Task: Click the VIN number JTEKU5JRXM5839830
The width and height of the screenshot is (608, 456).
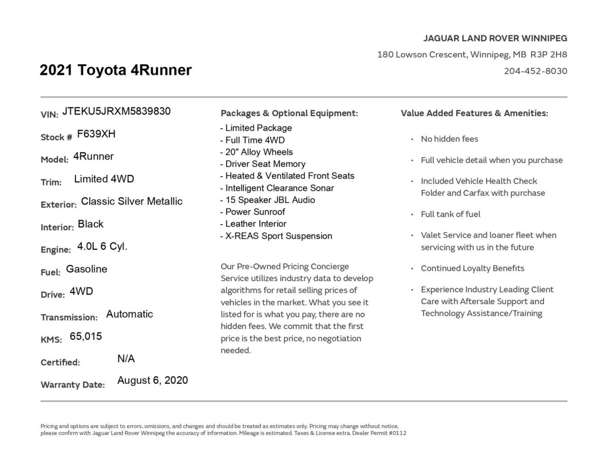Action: [116, 111]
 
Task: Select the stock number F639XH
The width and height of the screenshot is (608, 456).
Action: [96, 134]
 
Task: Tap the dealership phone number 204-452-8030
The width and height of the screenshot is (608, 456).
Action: [535, 71]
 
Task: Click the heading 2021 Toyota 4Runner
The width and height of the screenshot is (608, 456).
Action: [115, 70]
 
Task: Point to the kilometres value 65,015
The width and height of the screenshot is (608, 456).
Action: [85, 336]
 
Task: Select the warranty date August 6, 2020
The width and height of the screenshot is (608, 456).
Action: [152, 380]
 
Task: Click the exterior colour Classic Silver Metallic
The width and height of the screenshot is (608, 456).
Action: [132, 201]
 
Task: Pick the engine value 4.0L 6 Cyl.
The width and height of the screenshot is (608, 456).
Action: [102, 247]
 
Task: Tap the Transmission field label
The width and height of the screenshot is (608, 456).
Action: [69, 317]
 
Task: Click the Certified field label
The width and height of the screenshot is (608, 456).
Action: [60, 362]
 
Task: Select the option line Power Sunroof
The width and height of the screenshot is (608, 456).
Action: [255, 212]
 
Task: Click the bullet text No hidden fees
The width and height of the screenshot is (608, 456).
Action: [449, 139]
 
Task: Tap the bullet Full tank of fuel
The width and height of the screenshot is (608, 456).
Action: [450, 214]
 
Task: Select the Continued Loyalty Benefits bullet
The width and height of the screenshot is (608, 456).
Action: [472, 268]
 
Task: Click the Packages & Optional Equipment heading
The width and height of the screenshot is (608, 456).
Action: [289, 114]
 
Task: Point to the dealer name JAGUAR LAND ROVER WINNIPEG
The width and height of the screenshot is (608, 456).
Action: [495, 38]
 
